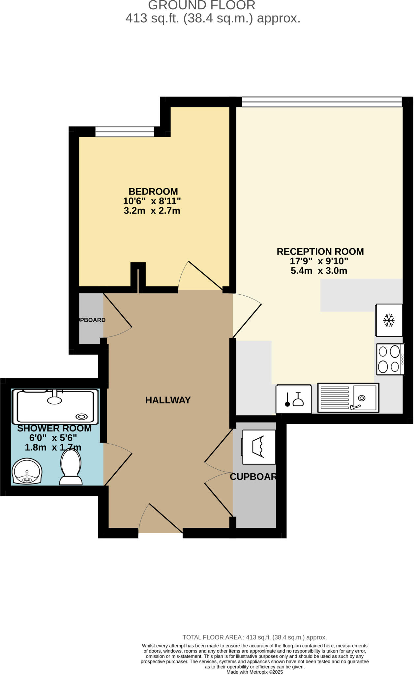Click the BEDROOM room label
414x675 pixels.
click(x=153, y=191)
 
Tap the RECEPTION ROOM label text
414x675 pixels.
click(x=320, y=251)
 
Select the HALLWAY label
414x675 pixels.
click(x=168, y=400)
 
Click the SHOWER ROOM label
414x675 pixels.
click(x=54, y=428)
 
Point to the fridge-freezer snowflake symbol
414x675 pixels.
click(x=389, y=320)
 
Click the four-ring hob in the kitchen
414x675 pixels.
click(x=391, y=359)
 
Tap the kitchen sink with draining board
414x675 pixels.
click(x=348, y=398)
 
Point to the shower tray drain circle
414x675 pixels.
click(x=81, y=417)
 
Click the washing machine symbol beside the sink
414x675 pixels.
click(x=294, y=399)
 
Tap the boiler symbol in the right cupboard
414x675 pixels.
click(x=259, y=447)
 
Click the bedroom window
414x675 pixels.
click(x=125, y=132)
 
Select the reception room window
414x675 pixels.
click(x=322, y=102)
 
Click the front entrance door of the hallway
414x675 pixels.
click(x=161, y=518)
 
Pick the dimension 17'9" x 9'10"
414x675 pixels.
click(x=319, y=261)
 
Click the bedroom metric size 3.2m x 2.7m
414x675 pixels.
click(x=152, y=211)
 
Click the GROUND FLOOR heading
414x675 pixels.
click(x=202, y=6)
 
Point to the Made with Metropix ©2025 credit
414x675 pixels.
click(x=255, y=672)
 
